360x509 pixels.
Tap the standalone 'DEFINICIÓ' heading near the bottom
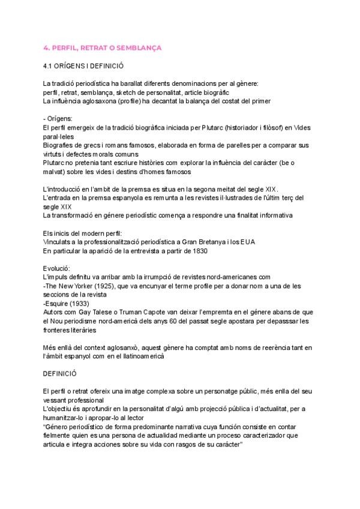point(62,373)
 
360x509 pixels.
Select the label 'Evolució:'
point(57,268)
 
